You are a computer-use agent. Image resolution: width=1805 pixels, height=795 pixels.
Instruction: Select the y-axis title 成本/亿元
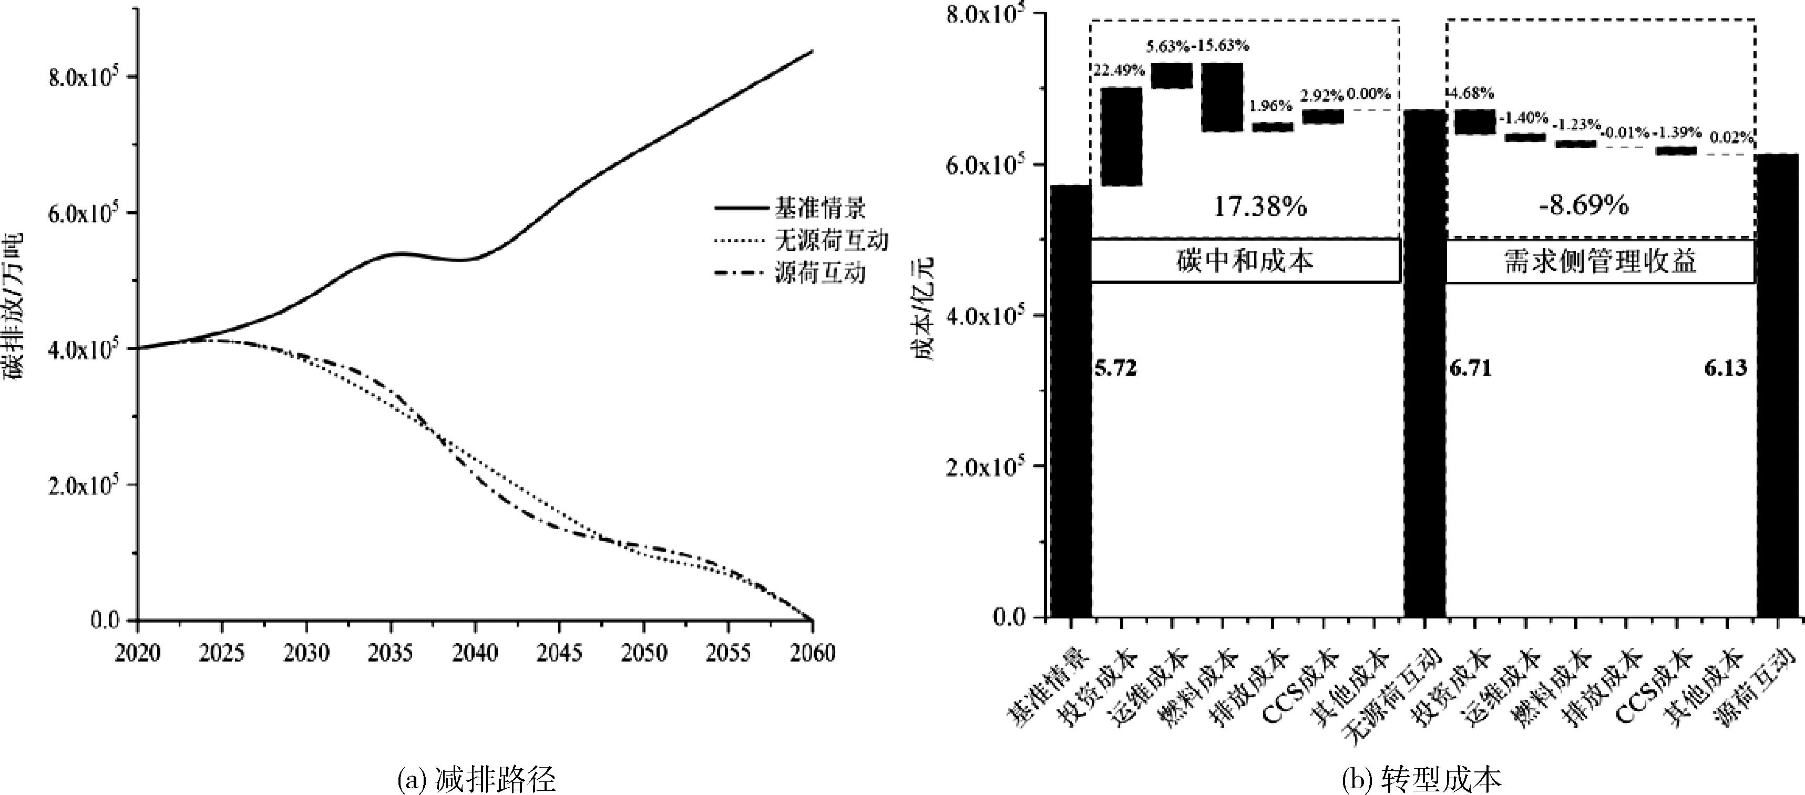click(924, 308)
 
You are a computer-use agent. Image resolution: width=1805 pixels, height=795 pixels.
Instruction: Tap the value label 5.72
click(1115, 368)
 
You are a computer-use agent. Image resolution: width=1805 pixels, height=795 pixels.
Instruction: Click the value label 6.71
click(1471, 368)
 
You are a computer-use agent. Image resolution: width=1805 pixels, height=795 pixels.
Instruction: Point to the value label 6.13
click(1726, 368)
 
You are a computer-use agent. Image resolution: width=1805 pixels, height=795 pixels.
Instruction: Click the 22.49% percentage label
click(1119, 70)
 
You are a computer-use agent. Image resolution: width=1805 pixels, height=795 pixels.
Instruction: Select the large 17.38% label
click(1260, 207)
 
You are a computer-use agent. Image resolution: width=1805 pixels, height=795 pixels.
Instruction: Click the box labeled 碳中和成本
click(1245, 261)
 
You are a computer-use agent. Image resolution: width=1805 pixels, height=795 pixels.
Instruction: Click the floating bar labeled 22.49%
click(1121, 136)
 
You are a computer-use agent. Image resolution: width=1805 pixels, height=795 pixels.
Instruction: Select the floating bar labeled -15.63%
click(1223, 97)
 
